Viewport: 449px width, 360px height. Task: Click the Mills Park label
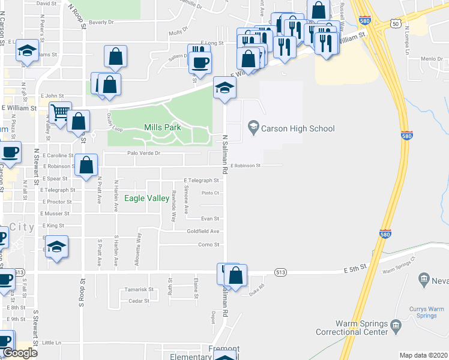point(162,128)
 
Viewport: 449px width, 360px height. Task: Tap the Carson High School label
point(298,128)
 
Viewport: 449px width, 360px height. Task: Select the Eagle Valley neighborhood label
point(146,199)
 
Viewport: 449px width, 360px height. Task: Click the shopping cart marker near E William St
point(60,112)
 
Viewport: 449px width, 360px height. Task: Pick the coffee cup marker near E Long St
point(200,61)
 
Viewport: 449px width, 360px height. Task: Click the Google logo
point(20,353)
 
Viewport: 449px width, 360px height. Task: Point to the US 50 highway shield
point(394,23)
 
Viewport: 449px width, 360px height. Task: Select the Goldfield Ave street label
point(203,231)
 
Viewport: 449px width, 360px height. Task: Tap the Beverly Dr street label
point(101,22)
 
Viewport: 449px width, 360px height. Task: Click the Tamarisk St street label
point(140,289)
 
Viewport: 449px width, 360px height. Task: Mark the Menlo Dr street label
point(432,59)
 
